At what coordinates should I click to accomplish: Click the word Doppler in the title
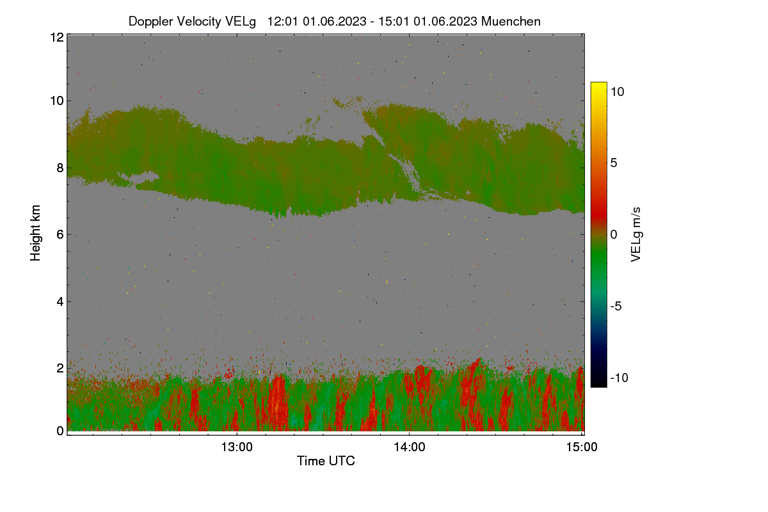151,22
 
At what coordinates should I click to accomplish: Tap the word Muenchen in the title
511,21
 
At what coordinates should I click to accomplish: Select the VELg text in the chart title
241,22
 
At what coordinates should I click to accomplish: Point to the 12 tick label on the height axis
57,37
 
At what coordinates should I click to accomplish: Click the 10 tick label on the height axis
57,101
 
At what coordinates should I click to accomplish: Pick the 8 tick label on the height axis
60,168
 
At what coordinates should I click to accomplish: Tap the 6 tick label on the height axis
60,235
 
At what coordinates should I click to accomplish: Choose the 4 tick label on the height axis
60,301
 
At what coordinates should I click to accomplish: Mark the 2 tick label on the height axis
60,368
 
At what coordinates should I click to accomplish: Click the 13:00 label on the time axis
237,447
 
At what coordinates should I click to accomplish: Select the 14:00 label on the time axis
410,447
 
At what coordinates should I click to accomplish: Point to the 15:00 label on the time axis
582,447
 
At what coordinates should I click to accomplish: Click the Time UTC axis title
326,461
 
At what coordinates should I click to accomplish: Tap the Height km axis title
35,233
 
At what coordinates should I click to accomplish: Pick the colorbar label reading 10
618,92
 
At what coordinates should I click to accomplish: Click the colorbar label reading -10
620,378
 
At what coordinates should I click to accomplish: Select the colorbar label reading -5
616,306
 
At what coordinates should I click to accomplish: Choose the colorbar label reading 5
614,163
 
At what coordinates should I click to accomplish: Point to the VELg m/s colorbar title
636,235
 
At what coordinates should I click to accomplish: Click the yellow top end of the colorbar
598,84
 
